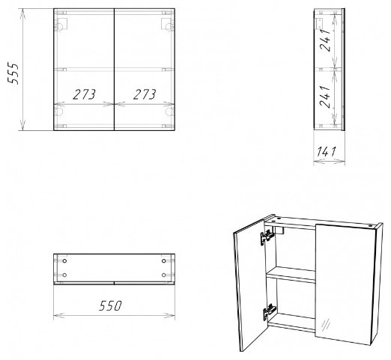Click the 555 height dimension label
tap(13, 74)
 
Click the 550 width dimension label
tap(110, 305)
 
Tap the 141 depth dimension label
tap(327, 152)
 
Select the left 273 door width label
tap(84, 94)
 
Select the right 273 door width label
tap(145, 94)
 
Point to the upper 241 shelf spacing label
tap(325, 40)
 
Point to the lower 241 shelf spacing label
tap(325, 97)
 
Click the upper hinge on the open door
tap(266, 237)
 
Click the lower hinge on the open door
tap(269, 311)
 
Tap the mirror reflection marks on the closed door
tap(327, 324)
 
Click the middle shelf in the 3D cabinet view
tap(291, 275)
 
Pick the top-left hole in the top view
tap(64, 261)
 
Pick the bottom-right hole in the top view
tap(164, 275)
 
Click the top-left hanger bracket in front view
tap(61, 24)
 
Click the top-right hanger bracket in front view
tap(167, 24)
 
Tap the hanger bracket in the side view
tap(319, 24)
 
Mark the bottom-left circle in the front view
tap(59, 112)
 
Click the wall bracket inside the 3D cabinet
tap(279, 230)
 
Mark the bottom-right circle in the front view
tap(169, 112)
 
